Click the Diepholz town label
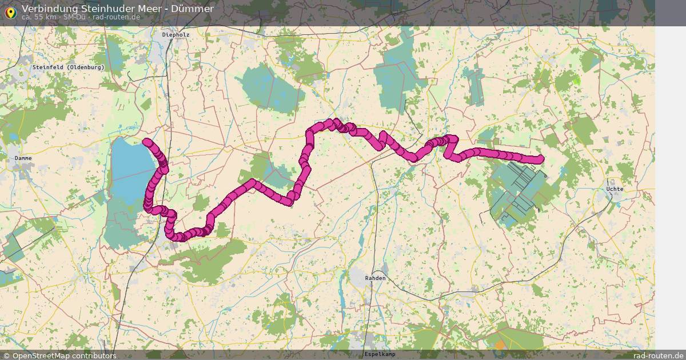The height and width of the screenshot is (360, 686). [176, 35]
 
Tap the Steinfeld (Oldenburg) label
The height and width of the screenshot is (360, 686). [69, 67]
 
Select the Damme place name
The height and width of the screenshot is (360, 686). [23, 158]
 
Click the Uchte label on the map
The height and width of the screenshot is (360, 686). [615, 189]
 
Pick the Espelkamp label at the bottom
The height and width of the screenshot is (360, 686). [379, 354]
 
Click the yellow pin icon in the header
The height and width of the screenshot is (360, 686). [10, 11]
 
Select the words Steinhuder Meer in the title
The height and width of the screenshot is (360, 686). [121, 9]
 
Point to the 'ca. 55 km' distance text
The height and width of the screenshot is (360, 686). [39, 17]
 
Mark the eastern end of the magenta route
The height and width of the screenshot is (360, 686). [540, 159]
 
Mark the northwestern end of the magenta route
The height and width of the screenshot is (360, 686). [146, 142]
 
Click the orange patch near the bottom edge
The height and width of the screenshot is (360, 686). [500, 345]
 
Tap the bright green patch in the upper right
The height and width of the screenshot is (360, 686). [576, 82]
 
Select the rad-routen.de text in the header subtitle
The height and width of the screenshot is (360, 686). [116, 17]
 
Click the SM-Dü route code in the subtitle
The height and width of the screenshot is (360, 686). [74, 17]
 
